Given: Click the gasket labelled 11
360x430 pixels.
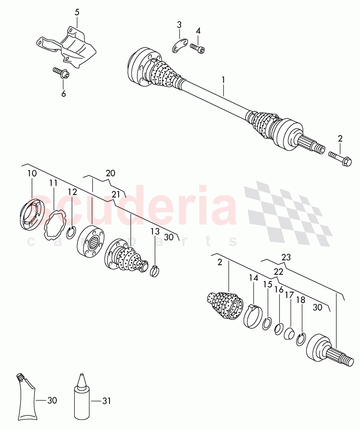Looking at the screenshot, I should click(54, 224).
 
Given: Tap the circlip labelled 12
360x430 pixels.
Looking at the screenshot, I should click(71, 233).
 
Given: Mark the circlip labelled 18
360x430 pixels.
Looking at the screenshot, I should click(301, 339).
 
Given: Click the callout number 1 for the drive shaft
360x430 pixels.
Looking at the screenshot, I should click(223, 81).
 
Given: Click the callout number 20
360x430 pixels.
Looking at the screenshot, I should click(110, 173).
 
